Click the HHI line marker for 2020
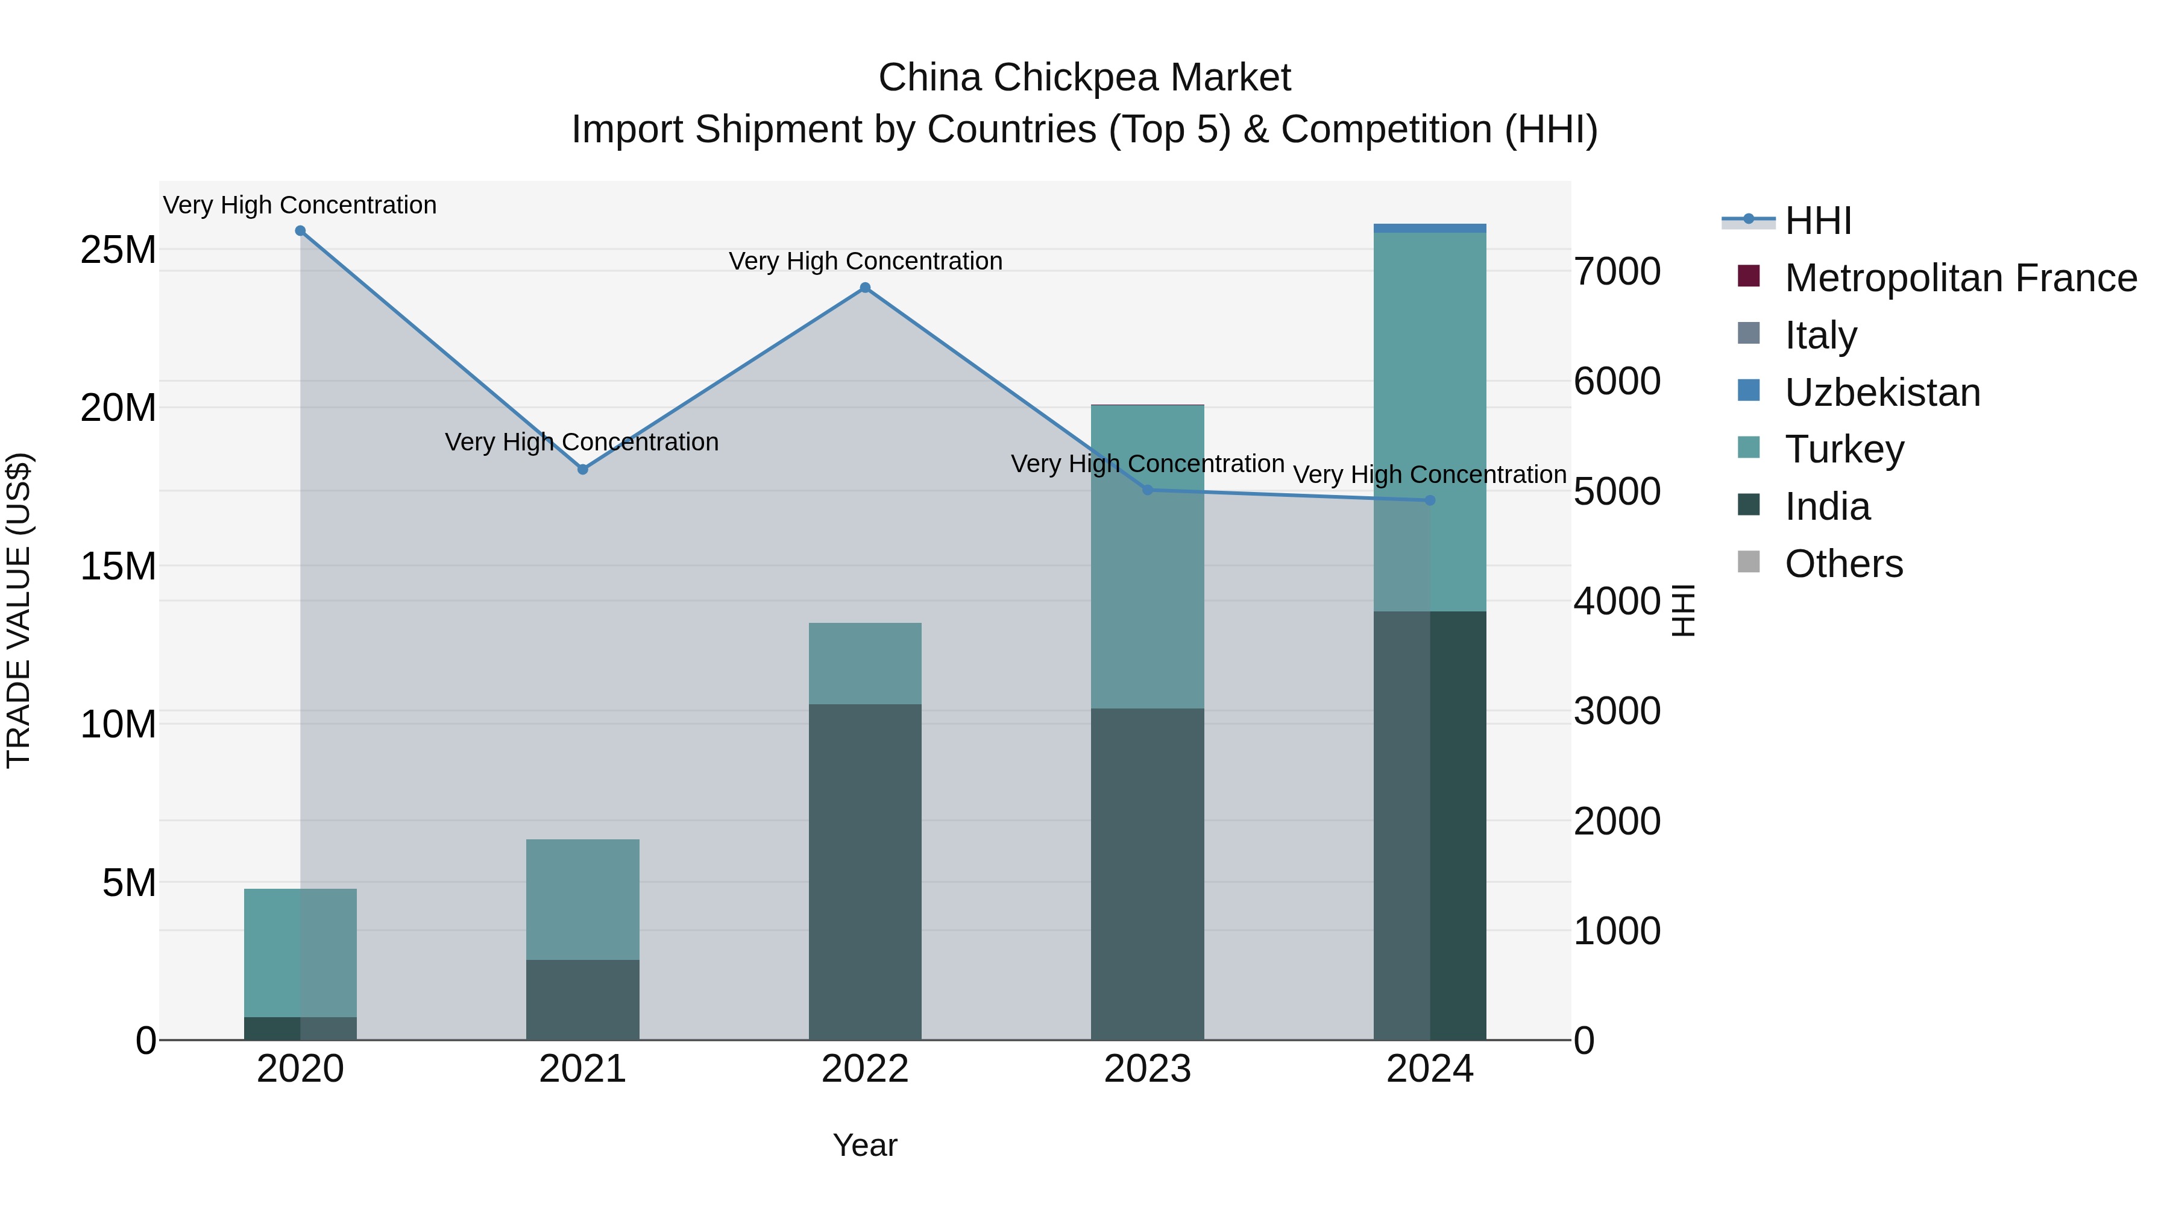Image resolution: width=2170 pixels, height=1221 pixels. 300,231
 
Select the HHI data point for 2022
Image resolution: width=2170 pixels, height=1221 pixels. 864,288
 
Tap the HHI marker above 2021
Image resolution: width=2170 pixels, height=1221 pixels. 582,469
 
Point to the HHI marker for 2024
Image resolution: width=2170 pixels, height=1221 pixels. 1430,500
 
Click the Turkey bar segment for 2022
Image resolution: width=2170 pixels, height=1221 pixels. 864,663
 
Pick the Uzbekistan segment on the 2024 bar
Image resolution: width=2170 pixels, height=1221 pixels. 1430,229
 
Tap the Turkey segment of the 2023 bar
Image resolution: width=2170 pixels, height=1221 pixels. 1146,556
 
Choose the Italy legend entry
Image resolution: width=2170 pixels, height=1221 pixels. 1820,335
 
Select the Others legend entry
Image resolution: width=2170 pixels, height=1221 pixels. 1843,564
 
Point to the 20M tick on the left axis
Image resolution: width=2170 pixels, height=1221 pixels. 118,408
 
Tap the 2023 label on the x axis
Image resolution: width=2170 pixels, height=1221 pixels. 1146,1069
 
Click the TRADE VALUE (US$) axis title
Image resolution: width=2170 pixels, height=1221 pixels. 19,610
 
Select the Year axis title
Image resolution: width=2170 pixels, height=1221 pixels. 864,1145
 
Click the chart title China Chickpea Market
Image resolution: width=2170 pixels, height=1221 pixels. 1084,78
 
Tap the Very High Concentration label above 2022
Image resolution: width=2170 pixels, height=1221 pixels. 865,261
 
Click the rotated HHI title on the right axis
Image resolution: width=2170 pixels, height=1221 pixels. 1682,610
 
